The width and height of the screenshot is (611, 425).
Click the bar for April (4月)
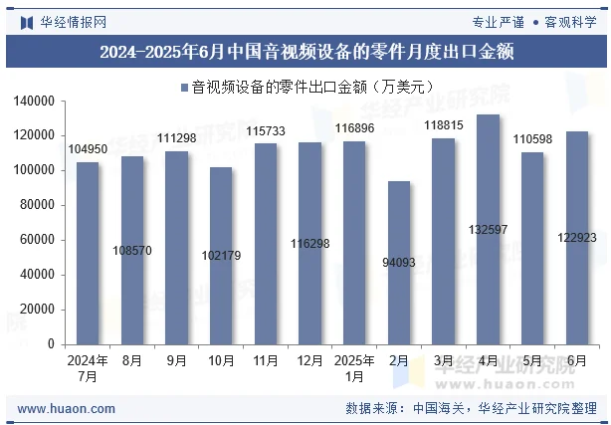click(x=488, y=229)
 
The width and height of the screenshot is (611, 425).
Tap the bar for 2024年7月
click(x=88, y=253)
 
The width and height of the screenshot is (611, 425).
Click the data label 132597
click(x=488, y=230)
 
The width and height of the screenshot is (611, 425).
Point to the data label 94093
click(x=399, y=263)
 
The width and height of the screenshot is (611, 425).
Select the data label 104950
click(x=88, y=149)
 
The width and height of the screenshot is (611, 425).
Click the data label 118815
click(x=443, y=125)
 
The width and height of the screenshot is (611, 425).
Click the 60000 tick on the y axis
click(x=38, y=240)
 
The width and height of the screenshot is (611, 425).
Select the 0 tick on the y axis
click(x=51, y=344)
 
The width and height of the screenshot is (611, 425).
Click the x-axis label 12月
click(x=309, y=360)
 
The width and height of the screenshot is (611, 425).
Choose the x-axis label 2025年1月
click(x=354, y=368)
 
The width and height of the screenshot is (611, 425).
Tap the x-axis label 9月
click(x=176, y=360)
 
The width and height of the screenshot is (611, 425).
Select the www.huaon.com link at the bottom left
click(x=67, y=408)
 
